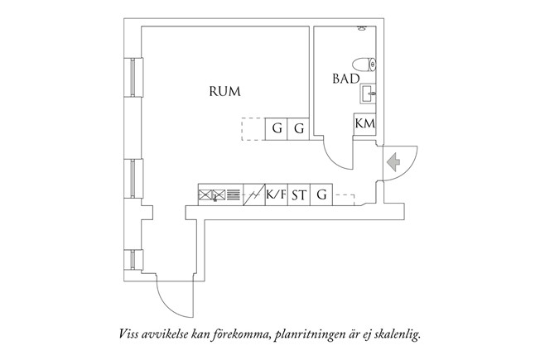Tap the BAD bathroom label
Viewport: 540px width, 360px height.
tap(345, 79)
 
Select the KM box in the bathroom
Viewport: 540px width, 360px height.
tap(364, 123)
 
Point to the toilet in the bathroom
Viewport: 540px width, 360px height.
tap(364, 64)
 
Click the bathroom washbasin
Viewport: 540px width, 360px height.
tap(368, 92)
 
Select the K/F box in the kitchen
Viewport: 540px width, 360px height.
tap(276, 196)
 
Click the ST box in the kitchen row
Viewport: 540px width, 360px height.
tap(298, 196)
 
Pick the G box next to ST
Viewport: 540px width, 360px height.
tap(321, 196)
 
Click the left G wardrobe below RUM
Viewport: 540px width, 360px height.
tap(276, 129)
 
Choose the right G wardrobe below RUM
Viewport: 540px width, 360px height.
tap(298, 129)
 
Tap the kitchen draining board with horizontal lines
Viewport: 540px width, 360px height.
tap(232, 196)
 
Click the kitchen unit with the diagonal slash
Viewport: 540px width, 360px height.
tap(253, 196)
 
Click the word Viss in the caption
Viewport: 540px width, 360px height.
tap(128, 335)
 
